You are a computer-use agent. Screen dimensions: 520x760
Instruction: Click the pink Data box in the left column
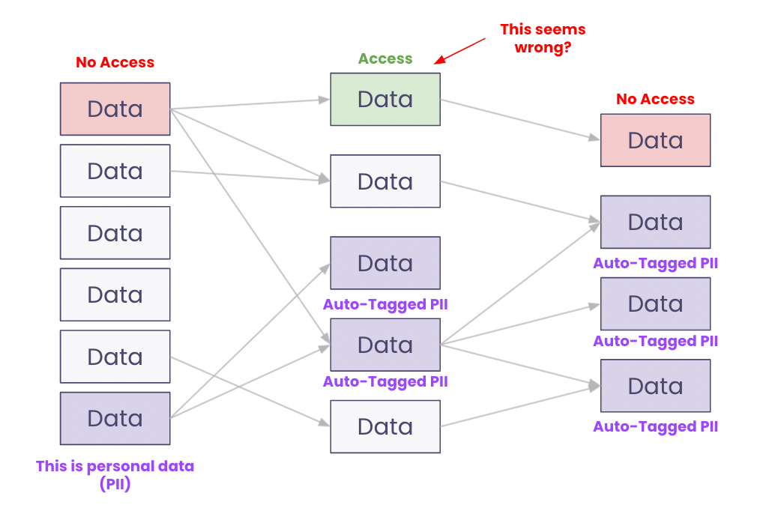[x=115, y=109]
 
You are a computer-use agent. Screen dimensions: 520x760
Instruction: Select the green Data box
[x=385, y=99]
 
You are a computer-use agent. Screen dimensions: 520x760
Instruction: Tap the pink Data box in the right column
[x=655, y=140]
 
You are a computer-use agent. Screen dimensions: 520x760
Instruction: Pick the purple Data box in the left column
[x=115, y=418]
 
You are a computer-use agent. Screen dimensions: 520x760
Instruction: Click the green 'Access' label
[x=385, y=58]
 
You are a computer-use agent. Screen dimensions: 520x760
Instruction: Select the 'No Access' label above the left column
[x=115, y=63]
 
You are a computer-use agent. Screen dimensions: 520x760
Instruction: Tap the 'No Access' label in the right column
[x=655, y=99]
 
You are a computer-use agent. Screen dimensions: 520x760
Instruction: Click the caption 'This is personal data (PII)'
[x=115, y=475]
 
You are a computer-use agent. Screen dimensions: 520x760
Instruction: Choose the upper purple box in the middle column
[x=385, y=263]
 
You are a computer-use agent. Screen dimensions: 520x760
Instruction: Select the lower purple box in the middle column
[x=385, y=345]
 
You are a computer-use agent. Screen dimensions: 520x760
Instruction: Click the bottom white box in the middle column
[x=385, y=426]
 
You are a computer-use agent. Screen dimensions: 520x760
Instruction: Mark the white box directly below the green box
[x=385, y=181]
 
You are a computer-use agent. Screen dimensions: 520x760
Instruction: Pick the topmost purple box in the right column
[x=655, y=222]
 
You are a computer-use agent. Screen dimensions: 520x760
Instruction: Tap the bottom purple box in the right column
[x=655, y=386]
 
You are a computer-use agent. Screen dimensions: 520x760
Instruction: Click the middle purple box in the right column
[x=655, y=303]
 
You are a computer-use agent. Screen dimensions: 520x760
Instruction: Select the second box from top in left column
[x=115, y=171]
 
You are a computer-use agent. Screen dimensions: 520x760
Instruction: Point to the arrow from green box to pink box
[x=520, y=119]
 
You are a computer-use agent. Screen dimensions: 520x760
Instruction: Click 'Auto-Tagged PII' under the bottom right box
[x=655, y=426]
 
